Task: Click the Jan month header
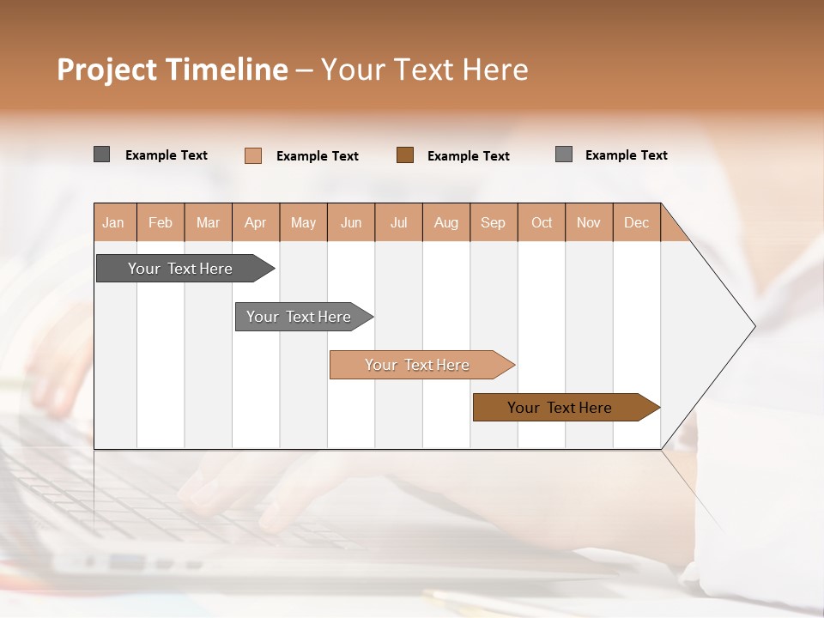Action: (x=113, y=223)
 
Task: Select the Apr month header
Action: (x=255, y=223)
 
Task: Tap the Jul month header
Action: (x=398, y=223)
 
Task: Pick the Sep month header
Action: (x=493, y=223)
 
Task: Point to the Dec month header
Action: (x=636, y=223)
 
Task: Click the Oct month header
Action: (x=542, y=223)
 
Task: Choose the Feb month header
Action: (x=161, y=223)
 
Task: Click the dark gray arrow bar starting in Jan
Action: (x=181, y=269)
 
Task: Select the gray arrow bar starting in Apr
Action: (x=300, y=317)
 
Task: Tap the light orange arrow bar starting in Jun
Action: (x=418, y=365)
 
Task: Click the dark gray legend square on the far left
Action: (x=101, y=154)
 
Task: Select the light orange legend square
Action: (x=253, y=155)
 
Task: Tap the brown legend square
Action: (x=405, y=155)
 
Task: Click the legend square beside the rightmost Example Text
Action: (x=564, y=154)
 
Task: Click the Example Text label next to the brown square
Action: (x=468, y=156)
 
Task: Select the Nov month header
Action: (x=589, y=223)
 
